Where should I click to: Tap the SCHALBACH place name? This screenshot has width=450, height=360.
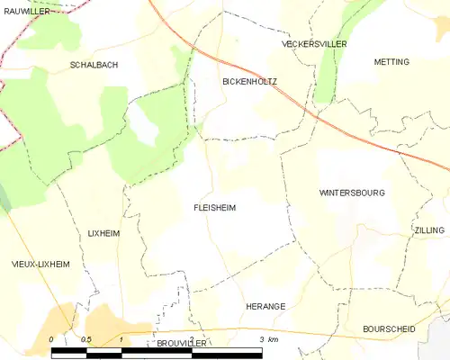[94, 66]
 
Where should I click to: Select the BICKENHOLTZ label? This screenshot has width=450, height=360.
[249, 82]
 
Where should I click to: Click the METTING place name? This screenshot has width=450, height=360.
[391, 61]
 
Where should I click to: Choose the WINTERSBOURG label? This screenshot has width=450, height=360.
[352, 193]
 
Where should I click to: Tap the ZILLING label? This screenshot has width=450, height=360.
[429, 230]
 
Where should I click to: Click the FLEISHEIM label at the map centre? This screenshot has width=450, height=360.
[214, 207]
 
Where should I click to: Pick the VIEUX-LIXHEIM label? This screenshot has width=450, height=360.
[40, 264]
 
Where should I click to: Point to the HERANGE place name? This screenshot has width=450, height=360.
[265, 307]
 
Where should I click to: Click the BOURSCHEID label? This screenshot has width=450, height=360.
[389, 329]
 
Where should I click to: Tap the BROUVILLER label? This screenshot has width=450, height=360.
[183, 344]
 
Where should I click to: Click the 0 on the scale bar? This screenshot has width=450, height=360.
[51, 338]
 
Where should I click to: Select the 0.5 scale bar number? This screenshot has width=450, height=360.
[85, 338]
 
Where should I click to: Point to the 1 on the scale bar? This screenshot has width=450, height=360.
[121, 338]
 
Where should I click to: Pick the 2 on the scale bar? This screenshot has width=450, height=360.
[191, 338]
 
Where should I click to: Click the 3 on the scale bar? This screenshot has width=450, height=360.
[261, 338]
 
